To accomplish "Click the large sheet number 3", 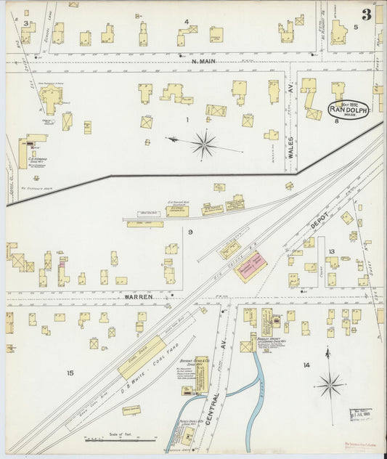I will pos(367,14).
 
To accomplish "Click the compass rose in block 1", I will pos(203,144).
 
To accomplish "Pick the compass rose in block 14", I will pos(330,382).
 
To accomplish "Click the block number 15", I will pos(70,373).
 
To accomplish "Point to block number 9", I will pos(190,232).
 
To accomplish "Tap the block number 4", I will pos(187,22).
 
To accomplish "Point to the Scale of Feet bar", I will pos(121,439).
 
